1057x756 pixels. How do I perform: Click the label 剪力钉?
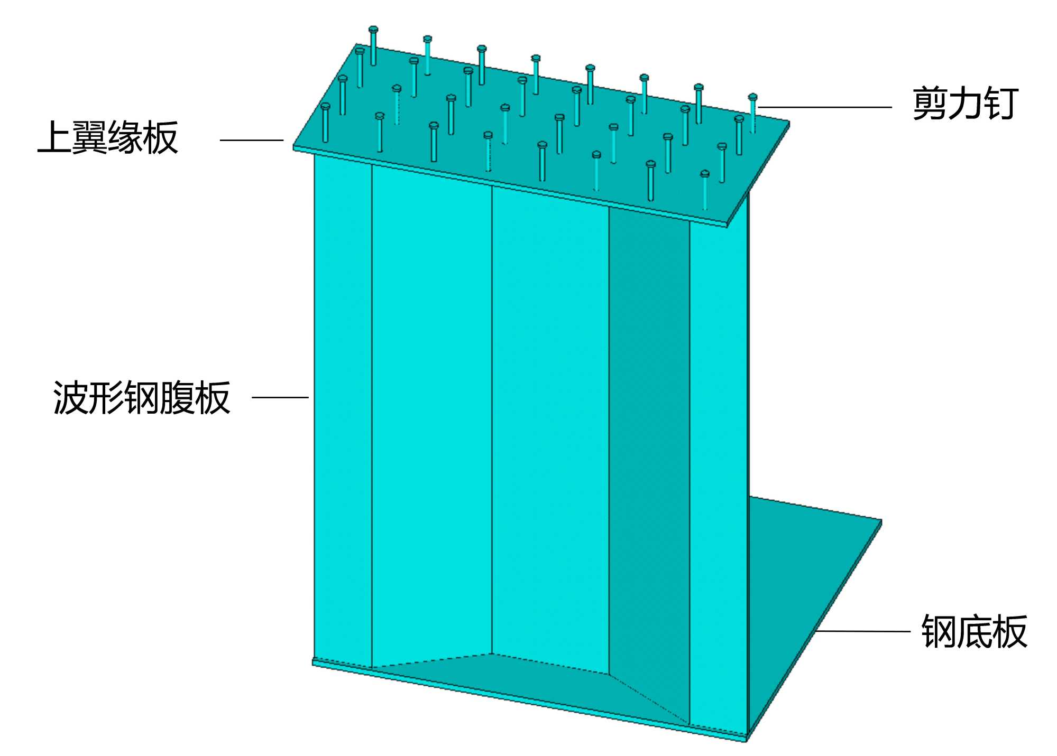[965, 104]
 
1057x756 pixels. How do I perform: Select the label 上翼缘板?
[108, 138]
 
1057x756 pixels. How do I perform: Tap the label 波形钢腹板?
[142, 397]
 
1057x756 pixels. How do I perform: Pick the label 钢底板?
[974, 631]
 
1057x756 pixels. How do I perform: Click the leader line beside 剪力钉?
[825, 107]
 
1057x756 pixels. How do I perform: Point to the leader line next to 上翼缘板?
[252, 140]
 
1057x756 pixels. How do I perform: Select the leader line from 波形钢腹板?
[280, 397]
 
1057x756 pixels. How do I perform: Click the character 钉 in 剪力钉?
[1000, 104]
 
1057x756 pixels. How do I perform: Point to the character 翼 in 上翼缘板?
[90, 138]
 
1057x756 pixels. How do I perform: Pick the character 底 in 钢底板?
[974, 631]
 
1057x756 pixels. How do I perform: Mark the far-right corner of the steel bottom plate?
[881, 522]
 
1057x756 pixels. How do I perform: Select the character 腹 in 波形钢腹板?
[178, 397]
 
